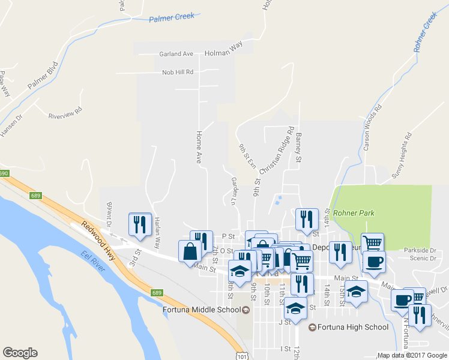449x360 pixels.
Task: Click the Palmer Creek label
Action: (x=172, y=17)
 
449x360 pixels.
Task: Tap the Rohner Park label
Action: (x=354, y=213)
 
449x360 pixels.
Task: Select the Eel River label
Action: (x=93, y=262)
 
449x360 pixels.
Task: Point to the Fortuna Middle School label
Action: (x=202, y=310)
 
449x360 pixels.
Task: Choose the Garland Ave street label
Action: (x=176, y=54)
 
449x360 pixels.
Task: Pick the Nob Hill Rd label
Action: (x=178, y=73)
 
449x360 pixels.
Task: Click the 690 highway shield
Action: (x=4, y=173)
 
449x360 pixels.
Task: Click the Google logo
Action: (x=20, y=353)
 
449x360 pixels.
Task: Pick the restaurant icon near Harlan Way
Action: (x=140, y=224)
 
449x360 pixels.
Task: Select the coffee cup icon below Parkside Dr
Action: (x=373, y=262)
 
